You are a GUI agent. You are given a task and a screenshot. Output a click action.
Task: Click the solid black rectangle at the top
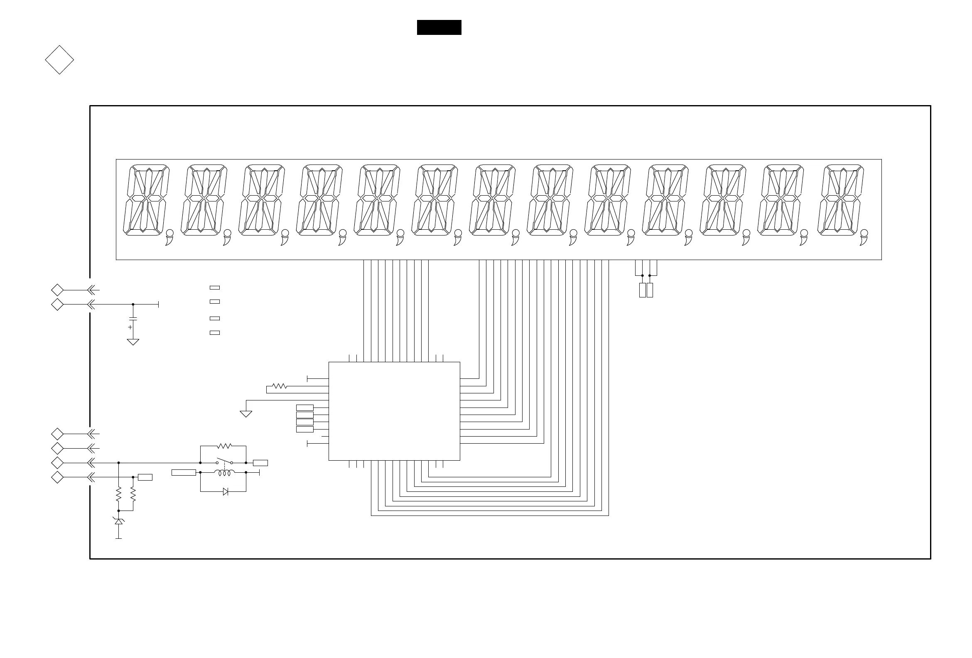[439, 27]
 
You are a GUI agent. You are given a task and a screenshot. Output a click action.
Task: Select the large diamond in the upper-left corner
[59, 60]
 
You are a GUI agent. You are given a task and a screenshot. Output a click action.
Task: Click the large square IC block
[394, 411]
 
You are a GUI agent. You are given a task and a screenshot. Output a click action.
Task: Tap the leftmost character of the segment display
[146, 200]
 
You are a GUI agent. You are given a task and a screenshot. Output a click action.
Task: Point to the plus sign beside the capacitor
[130, 327]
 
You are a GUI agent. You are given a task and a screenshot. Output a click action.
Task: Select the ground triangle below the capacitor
[133, 342]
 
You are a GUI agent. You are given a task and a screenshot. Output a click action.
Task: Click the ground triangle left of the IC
[246, 414]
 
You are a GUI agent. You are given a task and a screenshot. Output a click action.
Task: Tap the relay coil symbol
[225, 473]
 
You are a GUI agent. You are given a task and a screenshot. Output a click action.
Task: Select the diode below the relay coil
[226, 492]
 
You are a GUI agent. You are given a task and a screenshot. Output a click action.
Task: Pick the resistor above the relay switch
[224, 446]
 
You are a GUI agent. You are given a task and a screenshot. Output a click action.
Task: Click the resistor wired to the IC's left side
[280, 386]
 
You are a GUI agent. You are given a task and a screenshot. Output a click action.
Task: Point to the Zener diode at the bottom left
[119, 522]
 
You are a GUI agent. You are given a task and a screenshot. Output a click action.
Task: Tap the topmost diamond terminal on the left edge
[57, 290]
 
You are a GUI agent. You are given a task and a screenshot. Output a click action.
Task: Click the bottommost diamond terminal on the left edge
[57, 477]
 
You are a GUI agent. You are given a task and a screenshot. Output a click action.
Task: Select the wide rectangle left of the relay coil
[184, 473]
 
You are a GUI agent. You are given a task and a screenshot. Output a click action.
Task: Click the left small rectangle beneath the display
[643, 290]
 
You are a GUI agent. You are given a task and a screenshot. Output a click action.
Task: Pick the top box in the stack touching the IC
[304, 408]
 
